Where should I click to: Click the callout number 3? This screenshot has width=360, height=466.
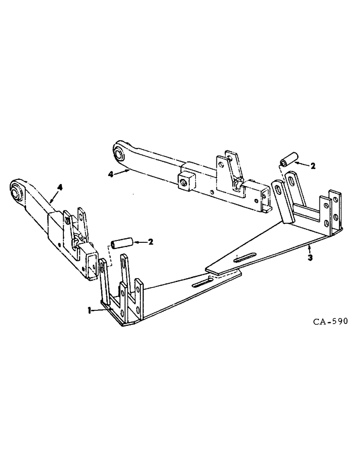click(309, 257)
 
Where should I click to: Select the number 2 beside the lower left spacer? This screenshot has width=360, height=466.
click(150, 242)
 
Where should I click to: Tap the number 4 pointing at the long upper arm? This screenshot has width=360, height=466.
click(111, 174)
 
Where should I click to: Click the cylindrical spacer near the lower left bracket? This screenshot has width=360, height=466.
click(122, 244)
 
